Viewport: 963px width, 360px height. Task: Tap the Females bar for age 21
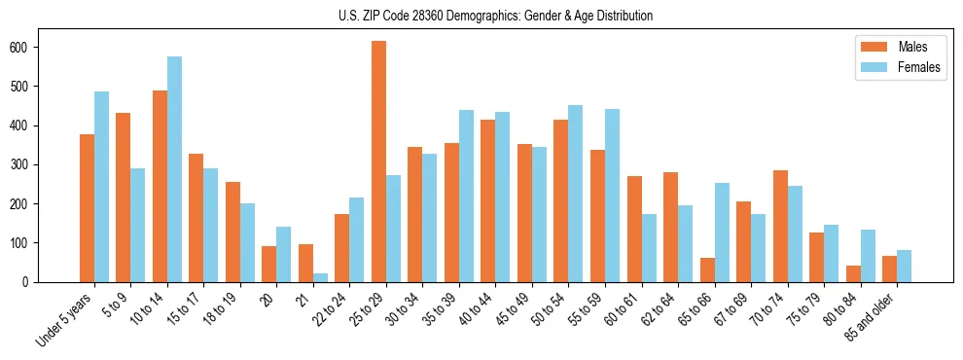coord(320,277)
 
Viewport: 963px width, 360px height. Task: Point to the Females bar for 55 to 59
coord(612,196)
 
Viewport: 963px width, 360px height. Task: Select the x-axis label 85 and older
coord(872,317)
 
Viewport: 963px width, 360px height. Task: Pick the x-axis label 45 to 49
coord(513,310)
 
